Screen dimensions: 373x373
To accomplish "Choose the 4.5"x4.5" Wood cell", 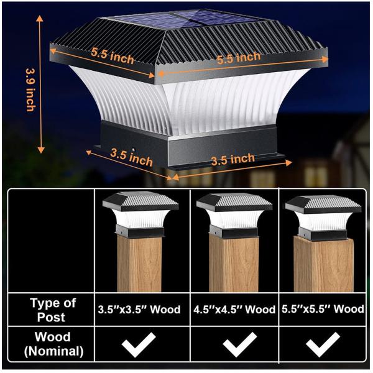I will click(235, 309).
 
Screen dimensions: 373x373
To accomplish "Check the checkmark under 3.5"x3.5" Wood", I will click(139, 343).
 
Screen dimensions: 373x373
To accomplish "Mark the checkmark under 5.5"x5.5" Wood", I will click(323, 343).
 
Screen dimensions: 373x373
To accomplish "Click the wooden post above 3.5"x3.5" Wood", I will click(140, 264).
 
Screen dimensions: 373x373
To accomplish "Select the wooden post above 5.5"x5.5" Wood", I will click(323, 267).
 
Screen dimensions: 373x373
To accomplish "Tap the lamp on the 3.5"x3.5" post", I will click(140, 214).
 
